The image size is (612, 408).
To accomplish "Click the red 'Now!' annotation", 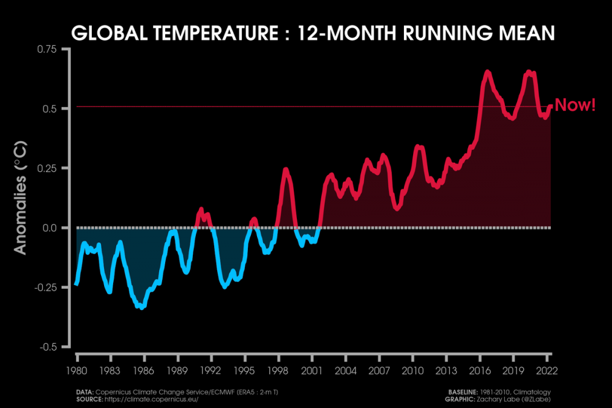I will pyautogui.click(x=575, y=105).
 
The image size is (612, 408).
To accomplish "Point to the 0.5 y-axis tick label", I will pyautogui.click(x=57, y=109).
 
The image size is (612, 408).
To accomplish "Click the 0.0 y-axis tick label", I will pyautogui.click(x=57, y=228).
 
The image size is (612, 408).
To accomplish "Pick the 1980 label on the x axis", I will pyautogui.click(x=77, y=371).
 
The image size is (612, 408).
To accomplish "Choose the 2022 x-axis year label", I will pyautogui.click(x=546, y=371).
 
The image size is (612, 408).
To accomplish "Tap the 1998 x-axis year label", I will pyautogui.click(x=278, y=371).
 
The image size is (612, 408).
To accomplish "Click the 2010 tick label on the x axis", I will pyautogui.click(x=412, y=371).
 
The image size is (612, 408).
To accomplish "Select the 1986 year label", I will pyautogui.click(x=144, y=371).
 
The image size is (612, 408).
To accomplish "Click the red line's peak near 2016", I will pyautogui.click(x=488, y=72).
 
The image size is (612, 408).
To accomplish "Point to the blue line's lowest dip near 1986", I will pyautogui.click(x=142, y=307).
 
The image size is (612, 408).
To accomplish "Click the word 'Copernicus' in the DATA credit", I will pyautogui.click(x=117, y=390).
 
